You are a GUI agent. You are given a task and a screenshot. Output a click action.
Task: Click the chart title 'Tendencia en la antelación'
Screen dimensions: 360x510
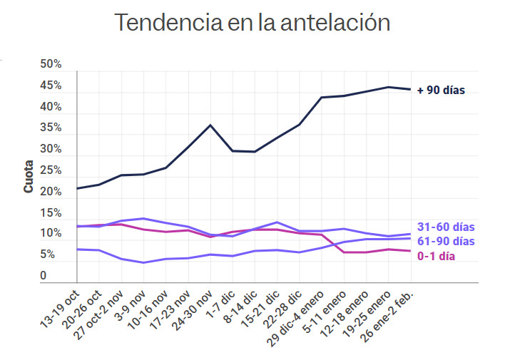[x=253, y=22]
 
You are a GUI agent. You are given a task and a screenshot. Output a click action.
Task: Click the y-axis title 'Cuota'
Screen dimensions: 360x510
[x=29, y=178]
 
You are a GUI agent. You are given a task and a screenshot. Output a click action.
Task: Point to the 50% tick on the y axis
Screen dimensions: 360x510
[x=51, y=65]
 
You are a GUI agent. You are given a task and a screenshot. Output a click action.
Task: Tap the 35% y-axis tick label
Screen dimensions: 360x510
[x=51, y=128]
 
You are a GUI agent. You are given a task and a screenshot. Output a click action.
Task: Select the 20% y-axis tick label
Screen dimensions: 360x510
[x=51, y=192]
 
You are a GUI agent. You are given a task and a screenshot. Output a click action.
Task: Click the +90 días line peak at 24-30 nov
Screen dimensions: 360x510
[x=210, y=125]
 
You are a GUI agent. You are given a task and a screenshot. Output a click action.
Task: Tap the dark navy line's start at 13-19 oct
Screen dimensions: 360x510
[x=77, y=188]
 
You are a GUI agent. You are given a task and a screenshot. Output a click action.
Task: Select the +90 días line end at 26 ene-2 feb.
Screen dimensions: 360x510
[x=409, y=89]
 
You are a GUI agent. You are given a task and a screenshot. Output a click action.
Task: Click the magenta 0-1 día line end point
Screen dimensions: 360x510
[x=409, y=251]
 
